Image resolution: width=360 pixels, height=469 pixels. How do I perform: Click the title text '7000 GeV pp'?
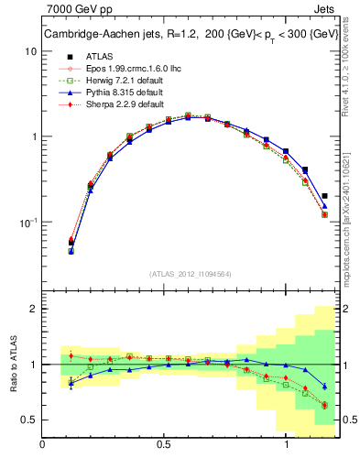point(75,10)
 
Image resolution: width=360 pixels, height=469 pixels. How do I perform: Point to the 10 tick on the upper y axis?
point(31,51)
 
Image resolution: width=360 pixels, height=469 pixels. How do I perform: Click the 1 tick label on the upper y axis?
point(34,137)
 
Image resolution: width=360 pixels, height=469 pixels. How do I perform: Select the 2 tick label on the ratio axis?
point(34,310)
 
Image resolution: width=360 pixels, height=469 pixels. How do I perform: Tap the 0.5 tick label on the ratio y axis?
point(29,420)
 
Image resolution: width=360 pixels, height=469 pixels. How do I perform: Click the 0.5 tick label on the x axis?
point(165,444)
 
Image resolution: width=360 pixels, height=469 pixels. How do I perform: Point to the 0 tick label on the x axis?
point(43,444)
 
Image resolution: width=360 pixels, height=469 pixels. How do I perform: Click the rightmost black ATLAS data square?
point(325,195)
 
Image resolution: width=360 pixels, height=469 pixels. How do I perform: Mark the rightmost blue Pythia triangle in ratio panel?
point(325,386)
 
